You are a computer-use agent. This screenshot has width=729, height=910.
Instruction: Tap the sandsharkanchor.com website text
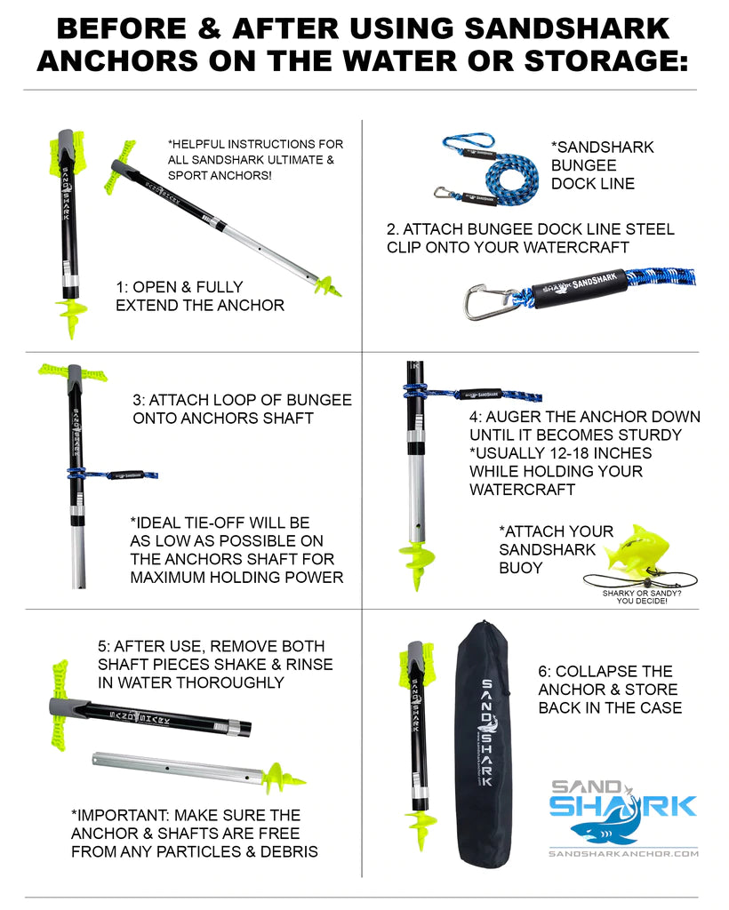pyautogui.click(x=623, y=854)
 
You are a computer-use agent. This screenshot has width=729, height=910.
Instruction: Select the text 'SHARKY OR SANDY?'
pyautogui.click(x=642, y=593)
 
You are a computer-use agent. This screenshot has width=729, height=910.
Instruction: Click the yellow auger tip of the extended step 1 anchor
pyautogui.click(x=328, y=285)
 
